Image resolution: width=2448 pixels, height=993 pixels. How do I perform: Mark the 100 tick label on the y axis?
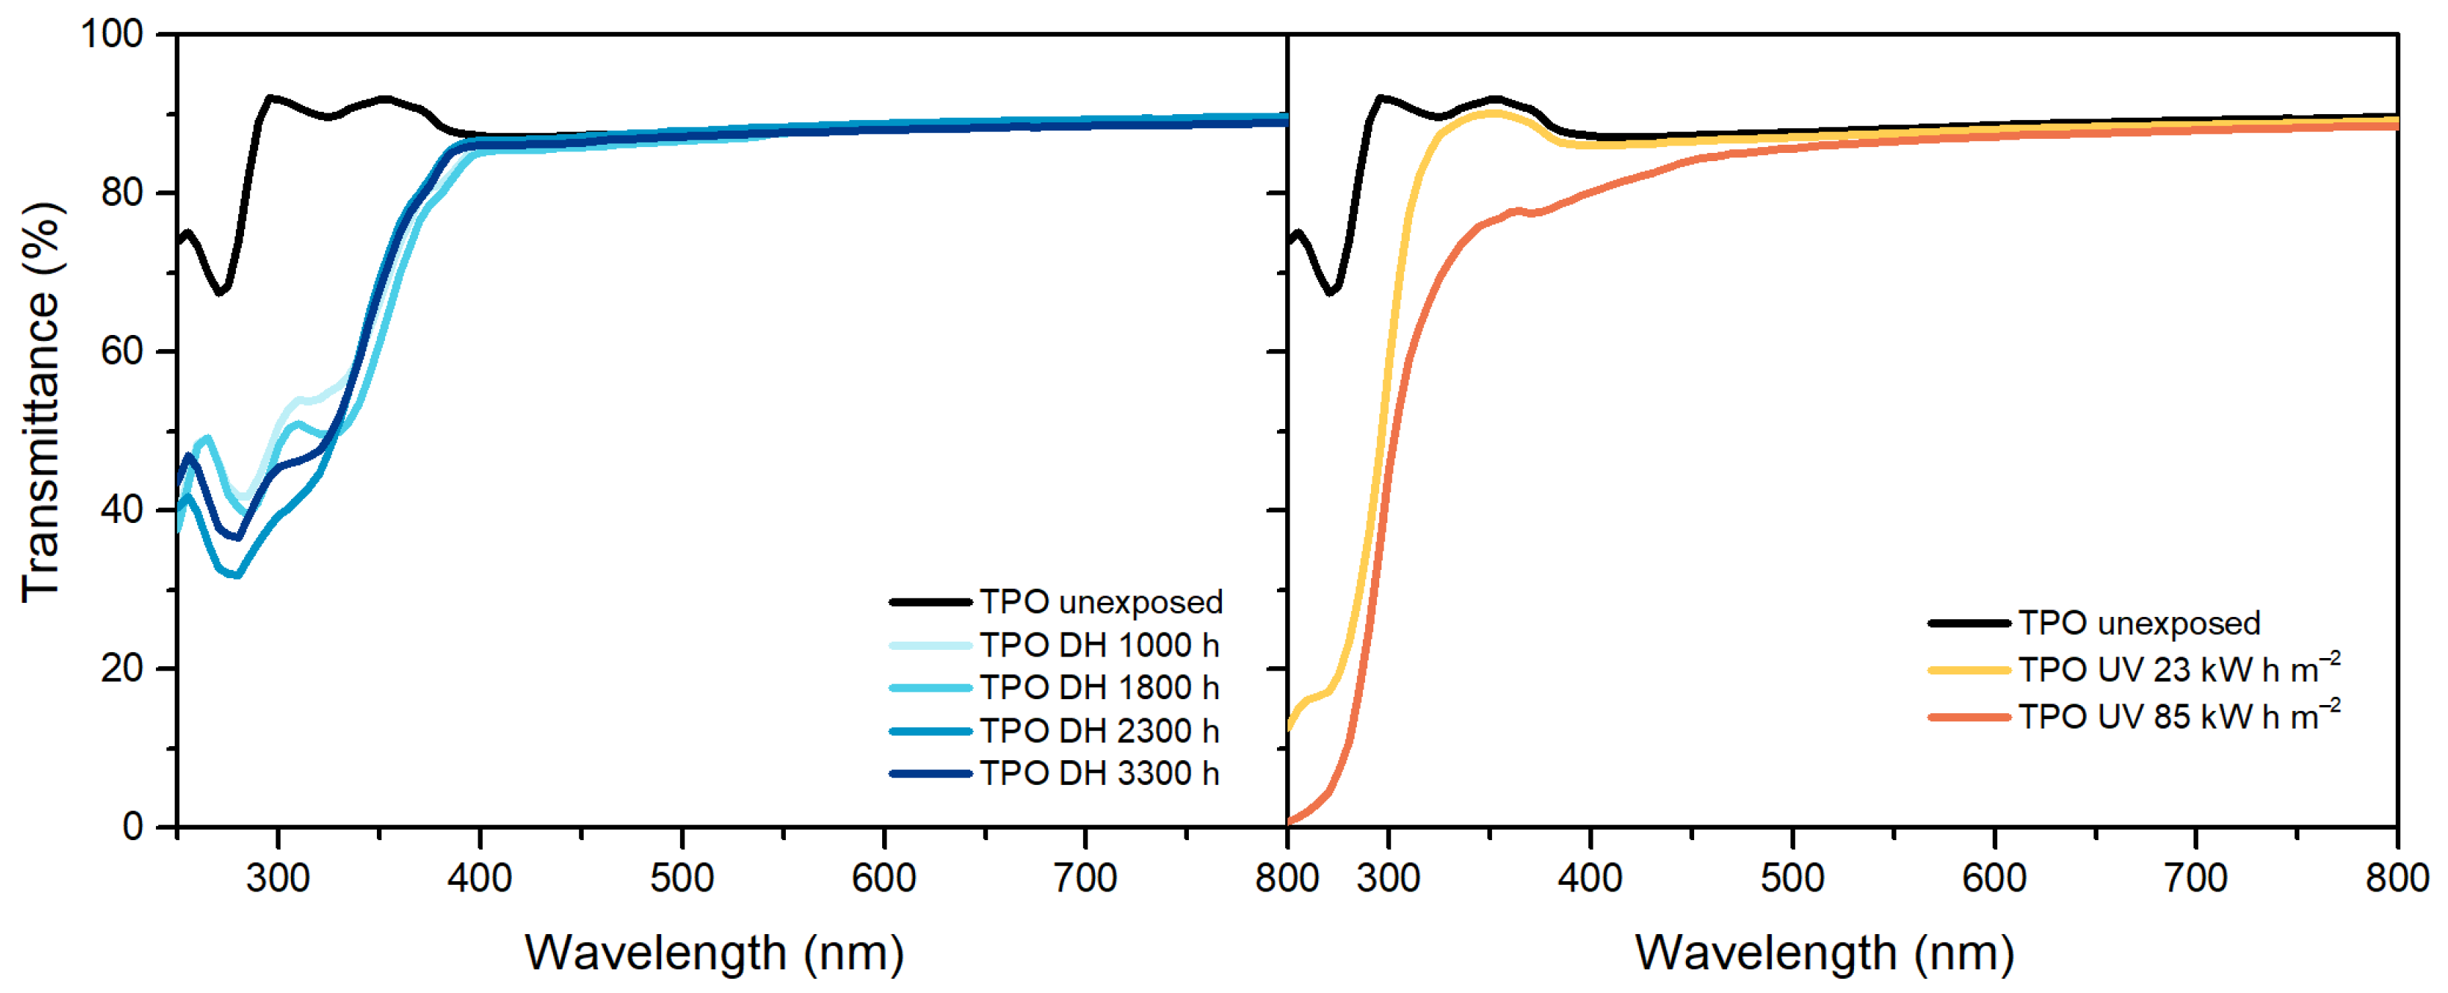111,34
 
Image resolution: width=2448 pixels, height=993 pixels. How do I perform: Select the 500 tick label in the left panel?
681,877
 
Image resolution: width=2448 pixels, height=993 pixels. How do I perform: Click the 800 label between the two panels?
1286,877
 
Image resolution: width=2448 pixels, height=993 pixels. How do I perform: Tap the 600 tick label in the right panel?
1993,877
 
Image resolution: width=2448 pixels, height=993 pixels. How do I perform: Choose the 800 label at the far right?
2396,877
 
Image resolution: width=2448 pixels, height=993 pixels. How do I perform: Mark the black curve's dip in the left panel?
220,291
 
